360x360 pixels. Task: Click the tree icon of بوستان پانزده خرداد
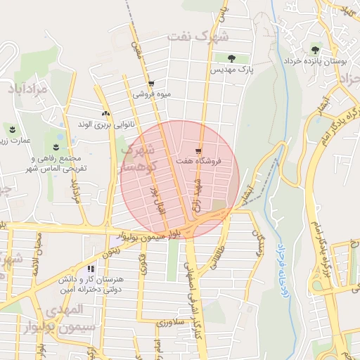(314, 49)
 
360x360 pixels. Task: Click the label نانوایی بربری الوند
(105, 125)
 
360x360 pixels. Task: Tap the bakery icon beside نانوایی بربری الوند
(105, 112)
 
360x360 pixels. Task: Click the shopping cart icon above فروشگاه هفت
(199, 150)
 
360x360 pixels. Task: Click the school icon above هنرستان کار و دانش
(90, 268)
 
